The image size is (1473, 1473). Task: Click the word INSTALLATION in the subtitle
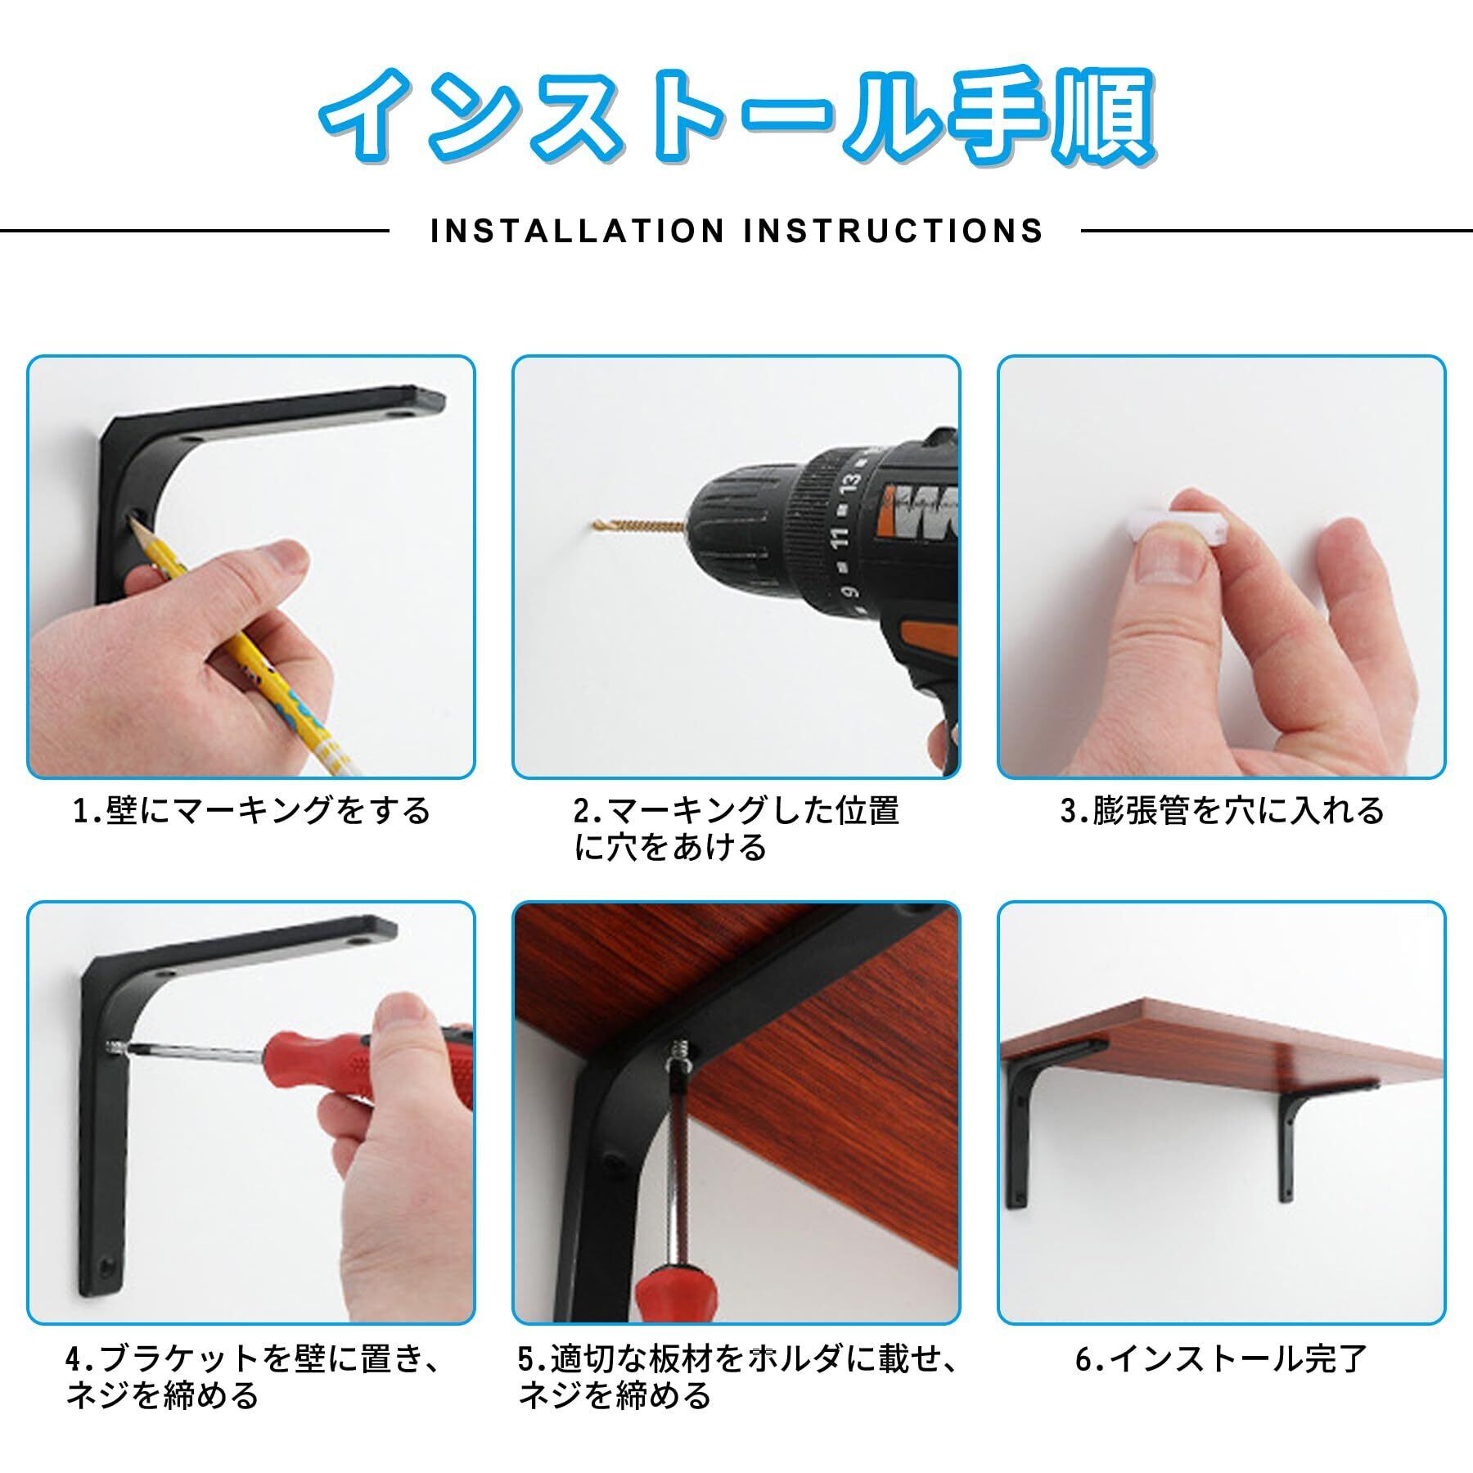tap(578, 231)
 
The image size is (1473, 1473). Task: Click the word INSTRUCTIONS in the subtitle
tap(894, 231)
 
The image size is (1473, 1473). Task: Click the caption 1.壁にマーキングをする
tap(251, 811)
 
